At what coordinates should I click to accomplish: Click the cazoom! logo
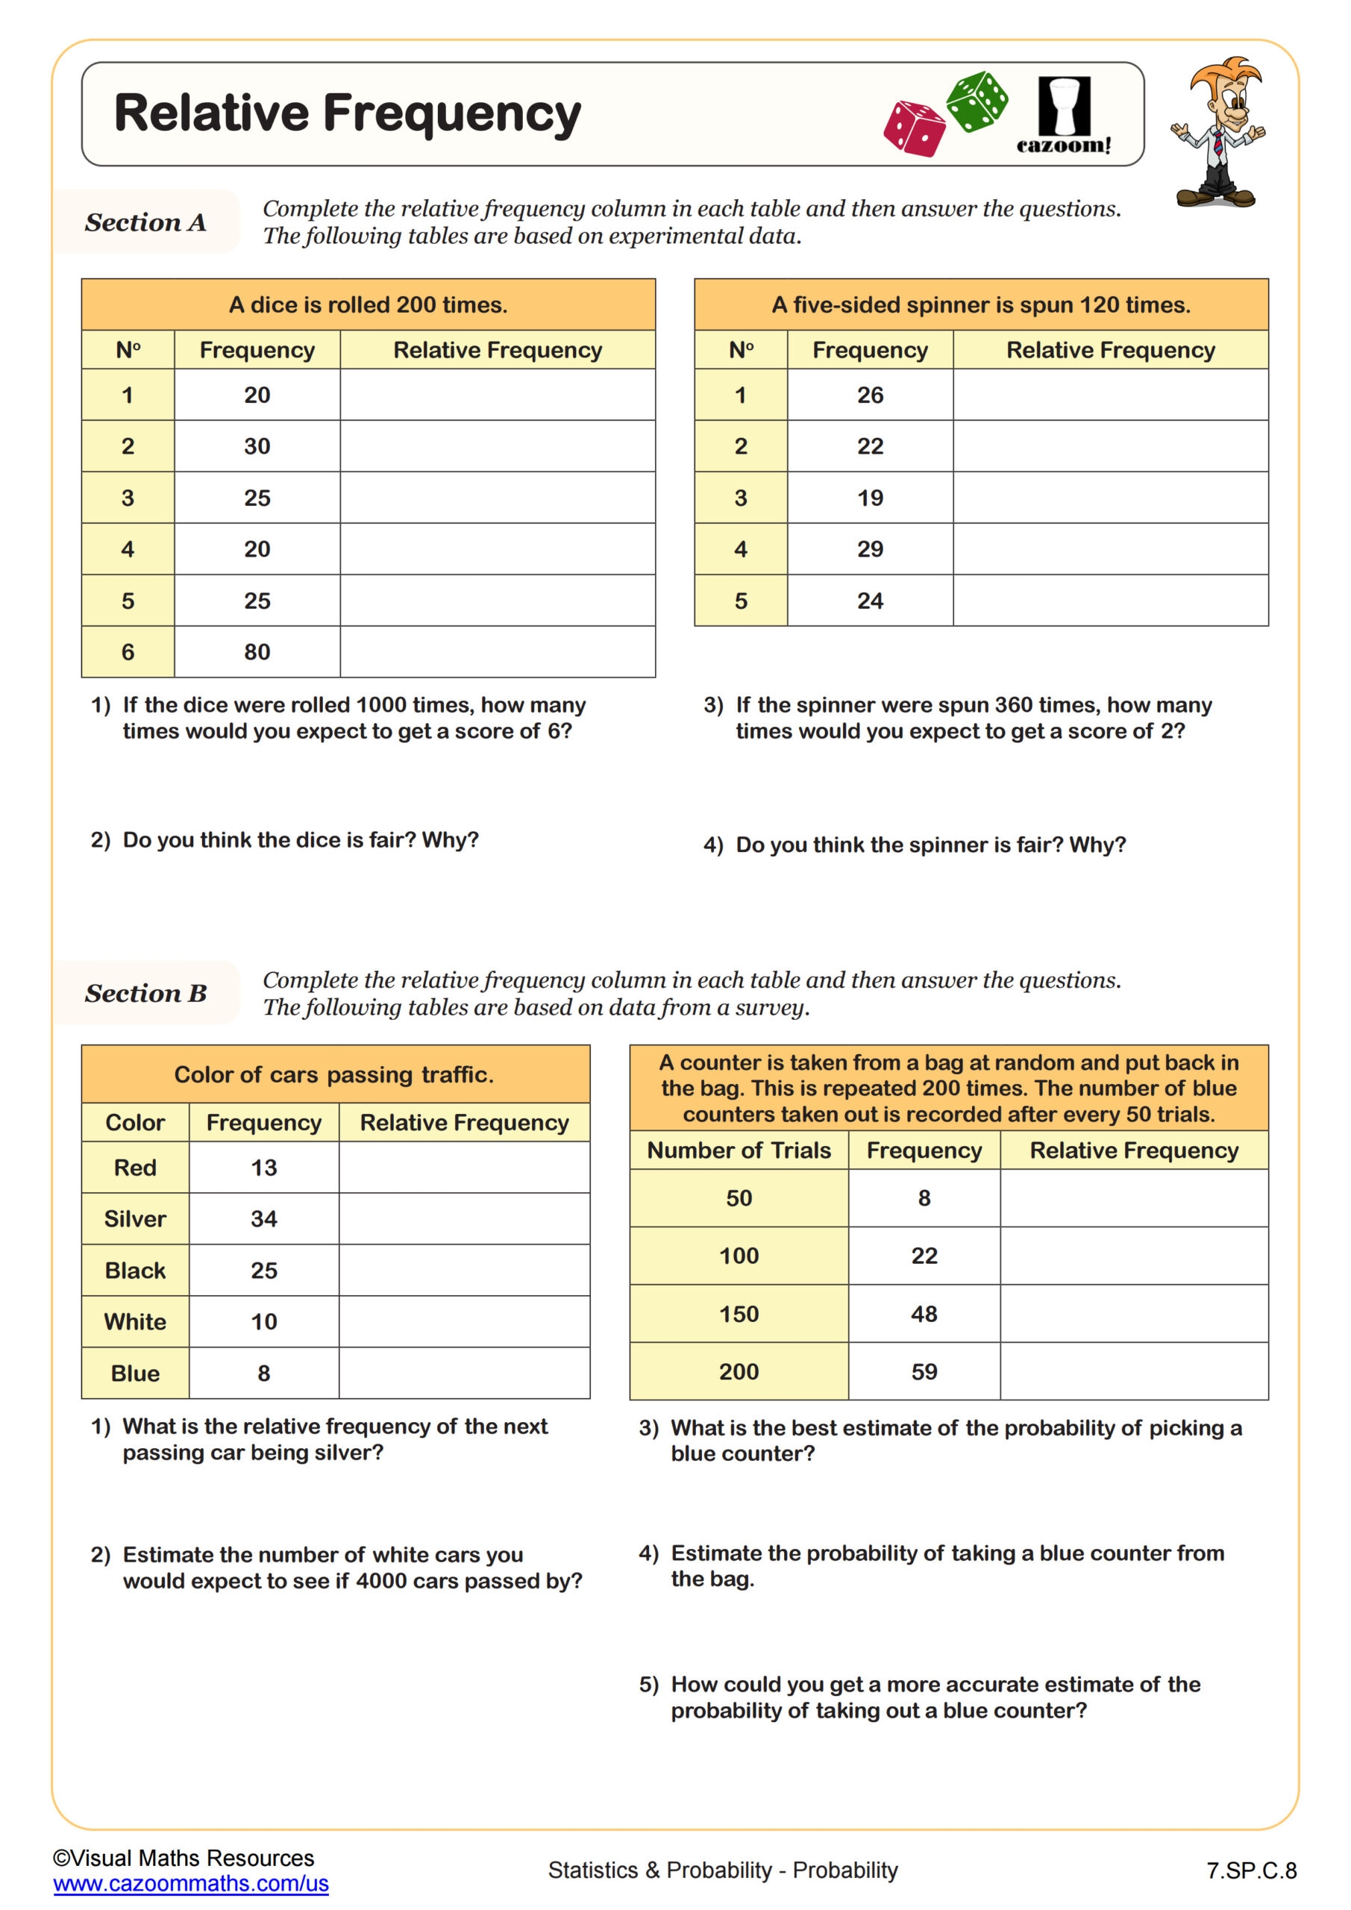pos(1063,116)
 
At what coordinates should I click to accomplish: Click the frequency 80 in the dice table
pos(257,652)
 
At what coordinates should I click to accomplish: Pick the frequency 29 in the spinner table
pos(870,549)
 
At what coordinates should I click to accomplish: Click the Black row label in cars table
pos(135,1271)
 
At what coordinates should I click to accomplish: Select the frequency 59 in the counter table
pos(924,1372)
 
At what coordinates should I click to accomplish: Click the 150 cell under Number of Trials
pos(739,1315)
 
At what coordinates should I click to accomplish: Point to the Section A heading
pos(145,222)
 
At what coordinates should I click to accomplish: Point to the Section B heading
pos(145,993)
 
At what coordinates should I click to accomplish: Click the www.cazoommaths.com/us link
pos(190,1883)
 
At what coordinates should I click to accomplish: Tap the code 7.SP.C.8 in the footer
pos(1251,1871)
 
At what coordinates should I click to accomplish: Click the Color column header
pos(135,1123)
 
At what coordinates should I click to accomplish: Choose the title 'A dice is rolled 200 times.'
pos(368,305)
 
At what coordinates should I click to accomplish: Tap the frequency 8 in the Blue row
pos(264,1374)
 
